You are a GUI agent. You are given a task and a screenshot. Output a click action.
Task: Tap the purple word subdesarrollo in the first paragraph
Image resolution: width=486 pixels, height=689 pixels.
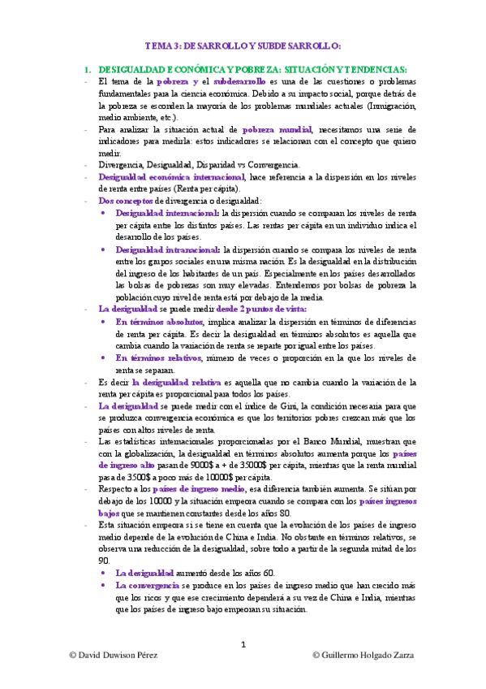pos(240,82)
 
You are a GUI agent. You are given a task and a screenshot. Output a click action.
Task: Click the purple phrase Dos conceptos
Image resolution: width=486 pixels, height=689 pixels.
pos(124,200)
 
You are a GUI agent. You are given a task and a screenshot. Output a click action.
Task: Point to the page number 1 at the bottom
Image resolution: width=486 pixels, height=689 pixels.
pos(243,645)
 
